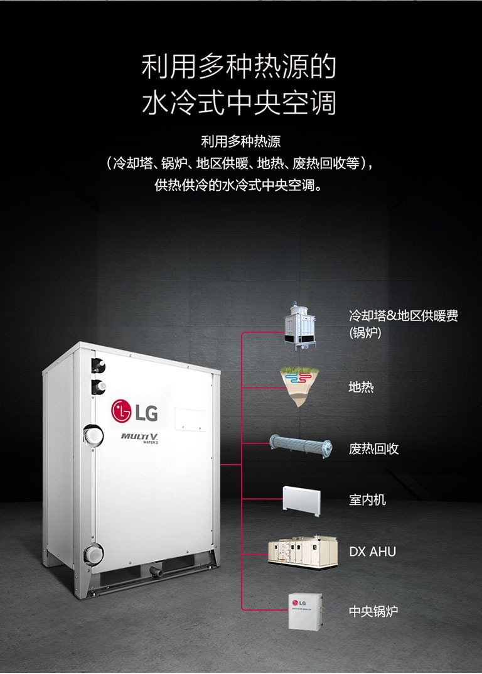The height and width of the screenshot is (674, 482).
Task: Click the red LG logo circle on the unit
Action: point(122,411)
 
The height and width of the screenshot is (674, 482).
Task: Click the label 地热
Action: point(361,388)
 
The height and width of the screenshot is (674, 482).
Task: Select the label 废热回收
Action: point(373,449)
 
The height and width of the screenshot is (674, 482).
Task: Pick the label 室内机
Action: point(367,500)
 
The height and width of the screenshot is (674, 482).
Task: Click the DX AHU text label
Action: point(372,552)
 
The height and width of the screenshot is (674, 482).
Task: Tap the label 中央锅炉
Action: point(373,611)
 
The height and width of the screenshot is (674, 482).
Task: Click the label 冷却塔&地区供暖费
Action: point(403,315)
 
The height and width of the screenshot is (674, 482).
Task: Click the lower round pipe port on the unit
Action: point(94,554)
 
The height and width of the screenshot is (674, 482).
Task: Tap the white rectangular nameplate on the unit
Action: point(190,418)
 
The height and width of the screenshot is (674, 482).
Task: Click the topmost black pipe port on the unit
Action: point(98,364)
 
